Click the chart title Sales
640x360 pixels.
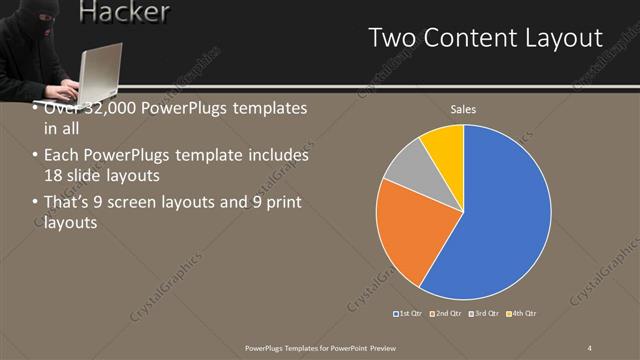coord(463,108)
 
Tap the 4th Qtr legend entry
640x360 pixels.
coord(521,314)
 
